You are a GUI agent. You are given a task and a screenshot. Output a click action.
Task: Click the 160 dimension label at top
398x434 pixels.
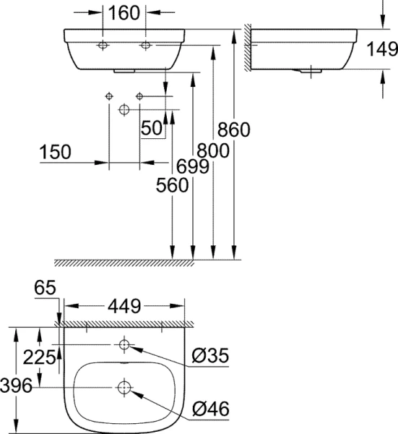[x=124, y=12]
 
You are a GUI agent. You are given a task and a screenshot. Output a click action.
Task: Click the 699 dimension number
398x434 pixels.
[x=193, y=167]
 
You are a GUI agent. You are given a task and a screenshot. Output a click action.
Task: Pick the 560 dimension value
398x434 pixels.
[x=172, y=185]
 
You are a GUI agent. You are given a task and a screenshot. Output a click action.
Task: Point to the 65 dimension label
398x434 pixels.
[x=46, y=289]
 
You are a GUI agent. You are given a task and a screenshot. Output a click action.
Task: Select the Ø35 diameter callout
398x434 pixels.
[x=210, y=357]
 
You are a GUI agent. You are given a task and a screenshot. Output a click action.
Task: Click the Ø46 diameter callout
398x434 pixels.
[x=210, y=410]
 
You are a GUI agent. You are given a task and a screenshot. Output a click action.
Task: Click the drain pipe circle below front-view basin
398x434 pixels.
[x=124, y=109]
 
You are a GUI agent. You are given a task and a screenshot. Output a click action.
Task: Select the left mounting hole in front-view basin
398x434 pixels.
[x=102, y=46]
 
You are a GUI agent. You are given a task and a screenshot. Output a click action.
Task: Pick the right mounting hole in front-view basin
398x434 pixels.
[x=147, y=46]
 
